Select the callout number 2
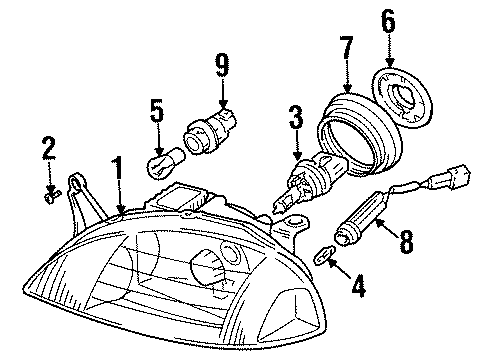pyautogui.click(x=48, y=151)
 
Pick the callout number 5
pyautogui.click(x=155, y=110)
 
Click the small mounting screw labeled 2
pyautogui.click(x=53, y=195)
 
